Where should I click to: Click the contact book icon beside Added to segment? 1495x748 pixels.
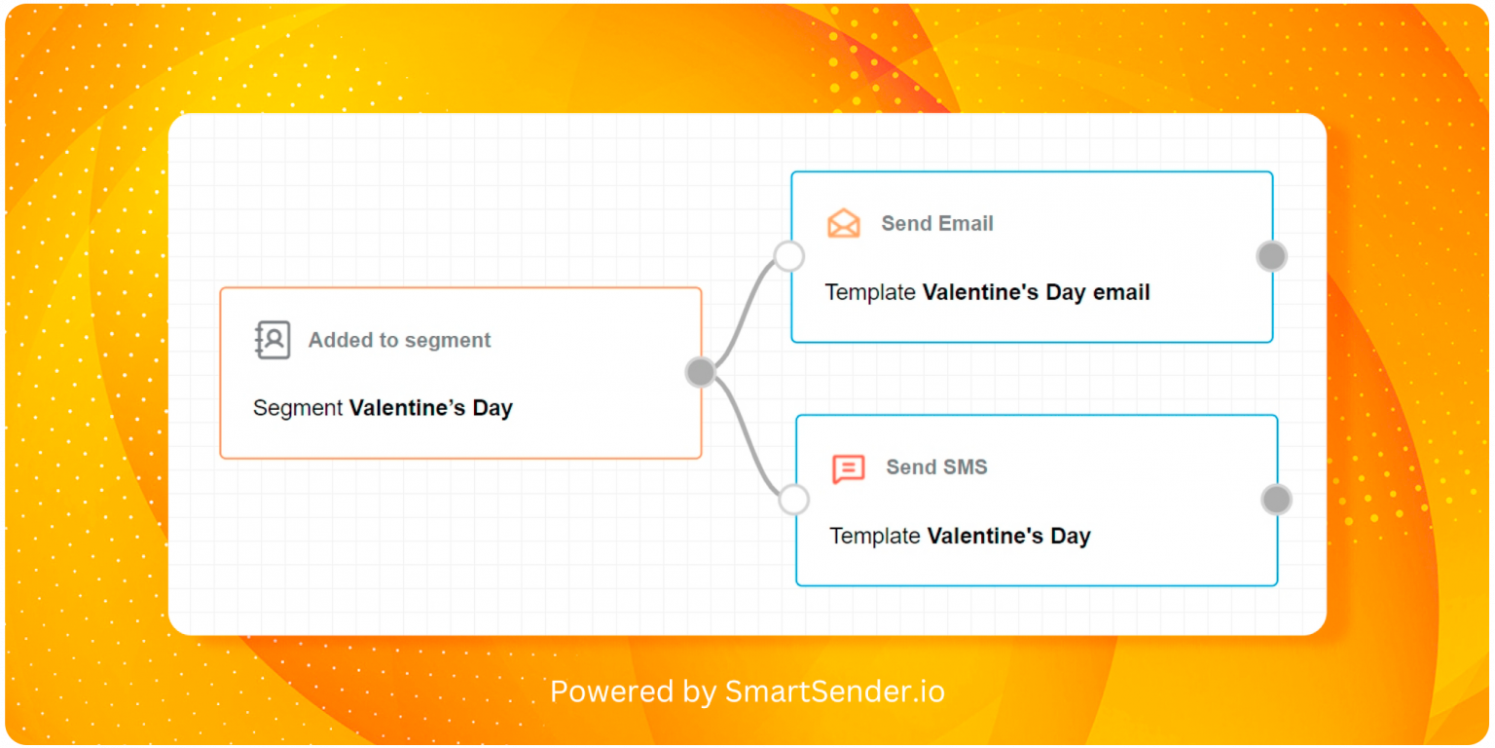tap(273, 340)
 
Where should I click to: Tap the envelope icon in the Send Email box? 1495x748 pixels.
tap(844, 223)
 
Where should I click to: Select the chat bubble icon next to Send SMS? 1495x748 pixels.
tap(849, 468)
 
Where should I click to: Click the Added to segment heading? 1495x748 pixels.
tap(399, 340)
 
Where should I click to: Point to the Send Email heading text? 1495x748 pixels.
tap(937, 223)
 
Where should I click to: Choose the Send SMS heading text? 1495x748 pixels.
tap(936, 467)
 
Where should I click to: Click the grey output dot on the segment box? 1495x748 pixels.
tap(701, 372)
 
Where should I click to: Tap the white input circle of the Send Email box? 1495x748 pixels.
tap(789, 256)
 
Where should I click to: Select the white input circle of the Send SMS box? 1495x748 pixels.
tap(793, 500)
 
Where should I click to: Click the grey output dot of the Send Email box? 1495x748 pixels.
tap(1271, 256)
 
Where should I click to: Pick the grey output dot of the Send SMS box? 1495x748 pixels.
tap(1276, 500)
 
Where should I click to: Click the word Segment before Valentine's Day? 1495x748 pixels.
tap(298, 407)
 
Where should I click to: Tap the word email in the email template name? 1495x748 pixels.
tap(1121, 292)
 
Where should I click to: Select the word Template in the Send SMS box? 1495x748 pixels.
tap(875, 536)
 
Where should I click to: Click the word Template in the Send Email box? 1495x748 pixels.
tap(870, 292)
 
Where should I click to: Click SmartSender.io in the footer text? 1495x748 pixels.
tap(835, 692)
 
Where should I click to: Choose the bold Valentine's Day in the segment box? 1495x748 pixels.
tap(431, 407)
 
